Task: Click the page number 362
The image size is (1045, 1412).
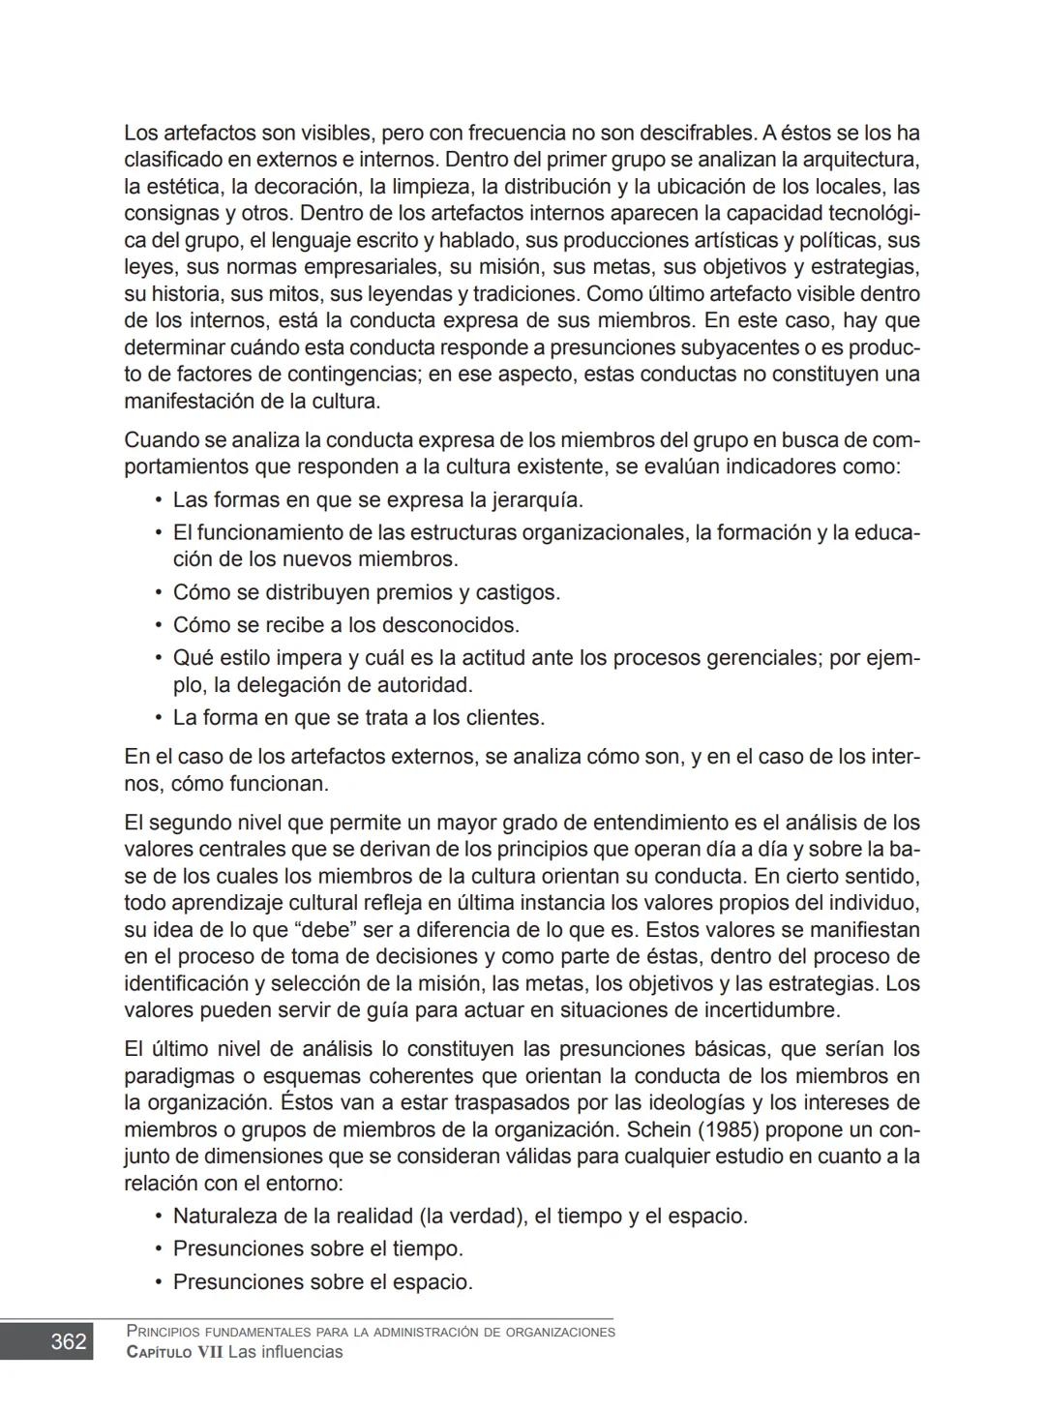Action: (x=68, y=1342)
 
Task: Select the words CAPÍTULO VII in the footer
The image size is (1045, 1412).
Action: (x=174, y=1352)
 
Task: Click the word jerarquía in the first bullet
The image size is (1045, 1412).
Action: (x=537, y=500)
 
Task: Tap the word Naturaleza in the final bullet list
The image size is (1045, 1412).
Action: (x=225, y=1217)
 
